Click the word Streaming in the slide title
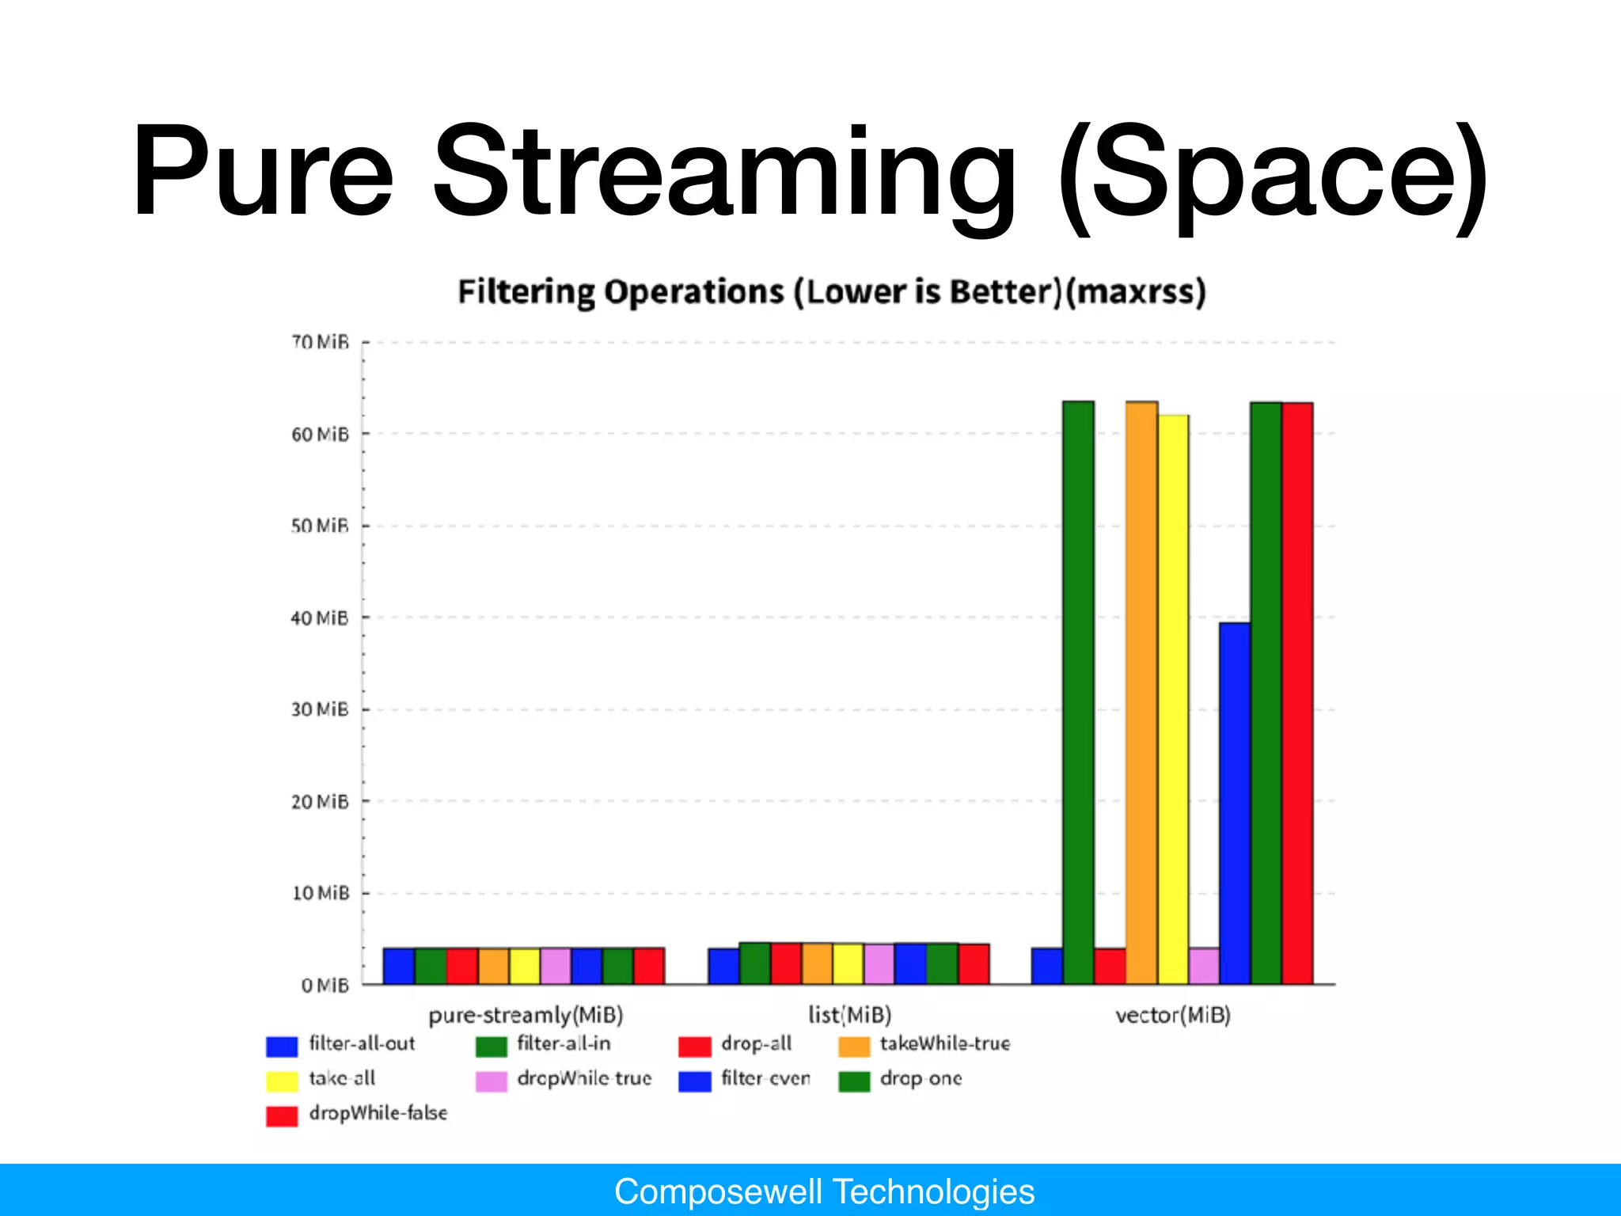coord(724,170)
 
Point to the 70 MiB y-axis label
coord(320,342)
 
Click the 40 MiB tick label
coord(320,617)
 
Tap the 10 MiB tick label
coord(320,893)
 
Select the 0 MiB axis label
coord(325,986)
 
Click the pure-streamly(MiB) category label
coord(526,1015)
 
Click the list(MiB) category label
coord(849,1015)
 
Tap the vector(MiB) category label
coord(1172,1015)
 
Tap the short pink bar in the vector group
coord(1204,966)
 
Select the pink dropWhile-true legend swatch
coord(491,1081)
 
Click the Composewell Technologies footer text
coord(824,1191)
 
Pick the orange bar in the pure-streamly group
coord(493,966)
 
